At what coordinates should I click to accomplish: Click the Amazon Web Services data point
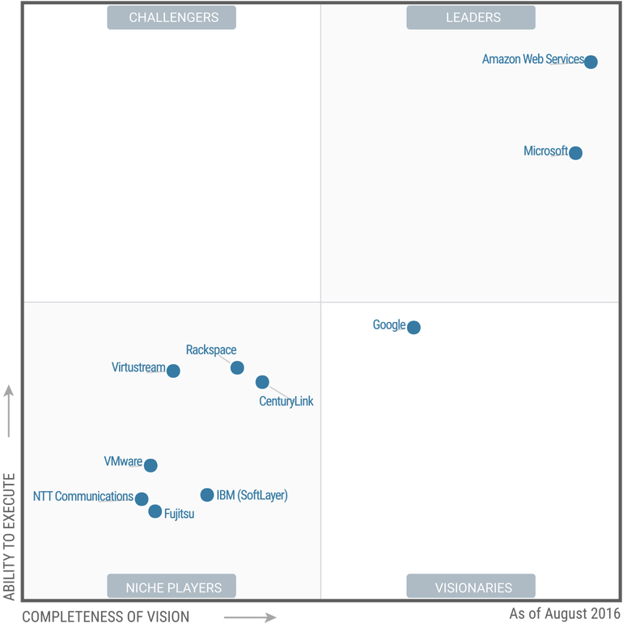click(x=591, y=62)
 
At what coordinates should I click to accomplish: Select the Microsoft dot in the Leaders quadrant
click(x=575, y=153)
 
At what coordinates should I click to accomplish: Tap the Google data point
click(x=413, y=328)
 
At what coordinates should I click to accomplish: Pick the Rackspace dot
click(x=237, y=367)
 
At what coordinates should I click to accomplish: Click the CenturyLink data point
click(x=262, y=382)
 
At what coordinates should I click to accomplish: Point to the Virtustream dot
click(x=173, y=371)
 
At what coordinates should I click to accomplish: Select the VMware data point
click(x=150, y=465)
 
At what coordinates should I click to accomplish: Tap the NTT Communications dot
click(x=142, y=498)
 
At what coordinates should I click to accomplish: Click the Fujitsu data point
click(x=155, y=511)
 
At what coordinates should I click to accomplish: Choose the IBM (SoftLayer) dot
click(x=207, y=494)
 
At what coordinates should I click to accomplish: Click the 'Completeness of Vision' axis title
click(x=106, y=617)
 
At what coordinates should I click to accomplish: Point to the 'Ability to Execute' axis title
click(x=9, y=536)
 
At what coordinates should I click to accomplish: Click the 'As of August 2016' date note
click(x=565, y=613)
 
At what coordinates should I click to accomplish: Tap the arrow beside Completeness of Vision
click(x=250, y=617)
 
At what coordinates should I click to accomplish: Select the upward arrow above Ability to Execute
click(x=8, y=411)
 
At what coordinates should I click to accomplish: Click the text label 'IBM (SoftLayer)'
click(x=252, y=495)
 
